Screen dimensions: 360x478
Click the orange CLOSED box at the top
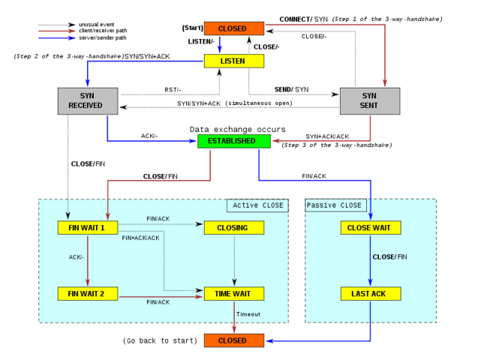(x=234, y=28)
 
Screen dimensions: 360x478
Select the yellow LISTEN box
(x=234, y=61)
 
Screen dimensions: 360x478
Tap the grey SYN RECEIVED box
(x=88, y=100)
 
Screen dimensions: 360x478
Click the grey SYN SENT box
(x=370, y=100)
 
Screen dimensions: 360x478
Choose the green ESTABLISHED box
(x=234, y=141)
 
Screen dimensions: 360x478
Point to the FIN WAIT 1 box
(x=88, y=227)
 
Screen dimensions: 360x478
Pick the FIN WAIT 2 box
(x=88, y=293)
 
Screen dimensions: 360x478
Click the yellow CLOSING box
(x=234, y=227)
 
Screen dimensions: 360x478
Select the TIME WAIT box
(x=234, y=293)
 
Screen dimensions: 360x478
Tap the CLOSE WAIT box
(x=371, y=227)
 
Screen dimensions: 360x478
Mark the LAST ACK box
(x=371, y=293)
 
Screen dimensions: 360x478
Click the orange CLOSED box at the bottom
(x=234, y=340)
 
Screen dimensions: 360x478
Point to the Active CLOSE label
(x=257, y=205)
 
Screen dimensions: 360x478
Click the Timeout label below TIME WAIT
(x=248, y=314)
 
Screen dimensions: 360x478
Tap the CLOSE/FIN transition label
(x=389, y=257)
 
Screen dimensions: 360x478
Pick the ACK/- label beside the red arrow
(x=76, y=257)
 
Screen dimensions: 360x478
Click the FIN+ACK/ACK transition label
(x=140, y=238)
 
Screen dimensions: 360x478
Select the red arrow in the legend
(x=57, y=31)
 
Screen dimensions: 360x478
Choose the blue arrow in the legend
(x=57, y=38)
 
